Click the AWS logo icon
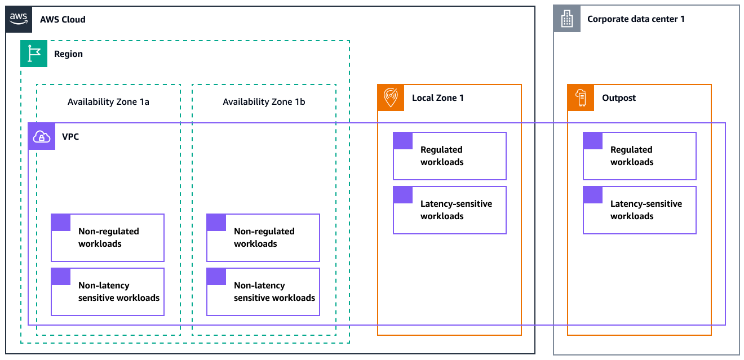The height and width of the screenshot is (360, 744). point(19,19)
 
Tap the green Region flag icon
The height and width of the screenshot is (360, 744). point(34,54)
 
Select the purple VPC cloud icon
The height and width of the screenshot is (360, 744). point(42,136)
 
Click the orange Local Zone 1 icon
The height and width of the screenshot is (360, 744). point(391,97)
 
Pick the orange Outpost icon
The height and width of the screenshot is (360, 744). point(581,97)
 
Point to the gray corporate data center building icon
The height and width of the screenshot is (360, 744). point(566,19)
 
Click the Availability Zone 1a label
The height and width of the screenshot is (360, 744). point(108,102)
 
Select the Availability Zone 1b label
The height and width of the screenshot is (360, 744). point(264,102)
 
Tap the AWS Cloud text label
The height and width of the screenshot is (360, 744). point(63,19)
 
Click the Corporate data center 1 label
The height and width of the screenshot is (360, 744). point(636,19)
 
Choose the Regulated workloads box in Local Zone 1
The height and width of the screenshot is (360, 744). point(449,156)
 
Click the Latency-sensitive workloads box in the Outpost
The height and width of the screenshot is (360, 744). point(639,210)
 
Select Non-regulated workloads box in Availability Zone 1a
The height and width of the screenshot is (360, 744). point(108,238)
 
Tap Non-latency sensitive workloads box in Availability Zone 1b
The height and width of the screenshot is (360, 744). point(263,292)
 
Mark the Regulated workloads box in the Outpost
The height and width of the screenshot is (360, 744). point(639,156)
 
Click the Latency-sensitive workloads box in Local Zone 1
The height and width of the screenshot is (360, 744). point(449,210)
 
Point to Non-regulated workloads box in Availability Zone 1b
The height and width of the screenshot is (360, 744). point(263,238)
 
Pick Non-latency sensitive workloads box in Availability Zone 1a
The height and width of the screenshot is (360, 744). point(108,292)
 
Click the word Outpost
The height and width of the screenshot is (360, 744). point(619,98)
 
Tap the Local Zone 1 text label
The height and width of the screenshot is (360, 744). point(437,98)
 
